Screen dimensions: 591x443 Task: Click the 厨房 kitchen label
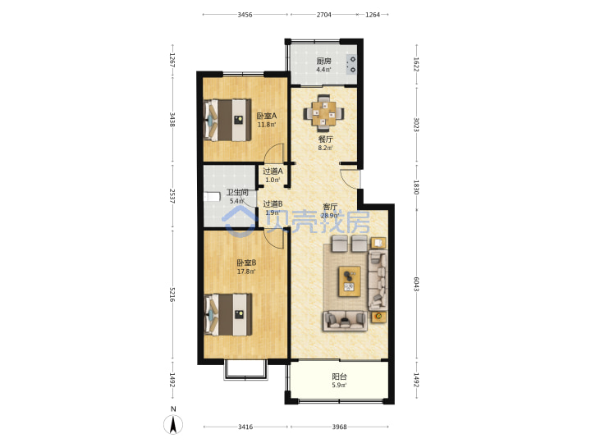pyautogui.click(x=323, y=61)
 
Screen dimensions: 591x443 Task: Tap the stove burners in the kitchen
pyautogui.click(x=351, y=65)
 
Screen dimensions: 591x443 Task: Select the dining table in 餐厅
pyautogui.click(x=323, y=112)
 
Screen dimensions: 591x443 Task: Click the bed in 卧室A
pyautogui.click(x=227, y=120)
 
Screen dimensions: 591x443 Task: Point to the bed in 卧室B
pyautogui.click(x=227, y=314)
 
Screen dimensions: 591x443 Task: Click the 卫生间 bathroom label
pyautogui.click(x=237, y=193)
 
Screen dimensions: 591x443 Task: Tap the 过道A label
pyautogui.click(x=273, y=171)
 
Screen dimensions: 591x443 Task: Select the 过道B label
pyautogui.click(x=273, y=203)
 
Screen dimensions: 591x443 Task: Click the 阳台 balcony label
pyautogui.click(x=340, y=376)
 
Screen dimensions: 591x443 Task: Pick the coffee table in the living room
pyautogui.click(x=350, y=281)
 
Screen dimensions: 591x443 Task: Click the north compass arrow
pyautogui.click(x=173, y=425)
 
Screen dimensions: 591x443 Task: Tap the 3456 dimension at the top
pyautogui.click(x=245, y=15)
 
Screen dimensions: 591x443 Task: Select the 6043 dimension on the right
pyautogui.click(x=416, y=285)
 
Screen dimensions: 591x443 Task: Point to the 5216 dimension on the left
pyautogui.click(x=172, y=295)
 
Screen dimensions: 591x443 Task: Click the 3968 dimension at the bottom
pyautogui.click(x=339, y=427)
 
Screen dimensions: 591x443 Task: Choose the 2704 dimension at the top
pyautogui.click(x=323, y=15)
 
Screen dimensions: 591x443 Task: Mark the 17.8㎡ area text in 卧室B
pyautogui.click(x=246, y=272)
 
